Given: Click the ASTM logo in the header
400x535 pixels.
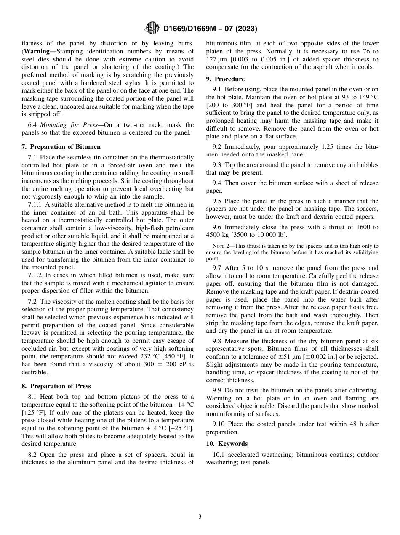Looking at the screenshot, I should tap(152, 28).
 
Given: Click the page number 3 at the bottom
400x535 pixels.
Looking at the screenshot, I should tap(200, 517).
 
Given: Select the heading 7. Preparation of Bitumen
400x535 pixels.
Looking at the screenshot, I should tap(61, 147).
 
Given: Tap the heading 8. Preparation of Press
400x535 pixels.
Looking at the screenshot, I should tap(56, 386).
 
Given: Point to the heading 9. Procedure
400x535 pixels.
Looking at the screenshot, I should tap(225, 79).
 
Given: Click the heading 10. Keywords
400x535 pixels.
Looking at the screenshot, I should tap(227, 444).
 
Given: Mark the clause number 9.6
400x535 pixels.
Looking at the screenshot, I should tap(217, 227).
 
